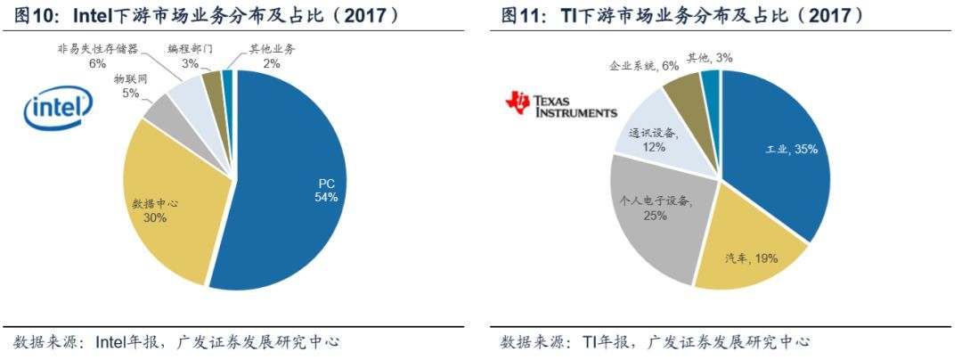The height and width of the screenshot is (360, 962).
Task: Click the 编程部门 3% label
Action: [190, 56]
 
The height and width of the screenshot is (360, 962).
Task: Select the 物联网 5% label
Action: [130, 86]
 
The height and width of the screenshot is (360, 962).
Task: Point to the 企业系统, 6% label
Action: [643, 65]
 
